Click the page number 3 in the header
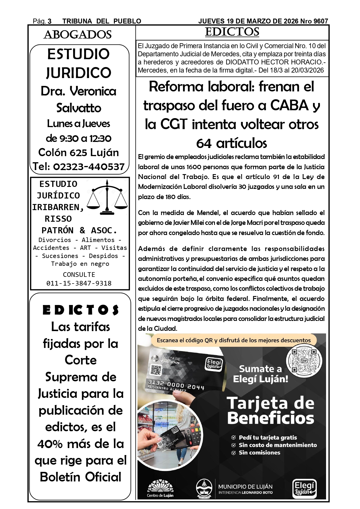(x=50, y=21)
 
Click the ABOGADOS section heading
(x=77, y=35)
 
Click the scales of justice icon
(x=107, y=197)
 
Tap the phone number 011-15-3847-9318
(x=79, y=283)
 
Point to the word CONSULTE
(x=79, y=275)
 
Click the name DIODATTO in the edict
(x=243, y=62)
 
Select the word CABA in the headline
(x=289, y=105)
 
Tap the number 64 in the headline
(x=204, y=143)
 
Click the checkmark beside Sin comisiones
(x=233, y=453)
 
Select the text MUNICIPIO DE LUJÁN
(x=245, y=487)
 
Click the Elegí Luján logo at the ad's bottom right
(x=304, y=488)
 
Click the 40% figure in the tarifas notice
(x=50, y=444)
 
